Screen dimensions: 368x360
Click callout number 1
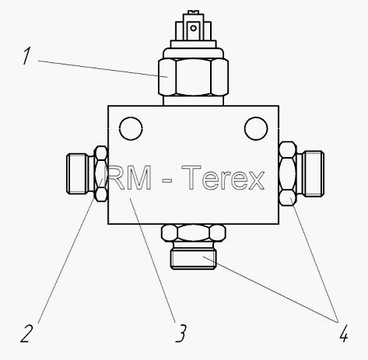[26, 55]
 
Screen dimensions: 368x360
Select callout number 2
[27, 333]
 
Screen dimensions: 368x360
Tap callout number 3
[181, 333]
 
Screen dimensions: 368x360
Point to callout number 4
[343, 334]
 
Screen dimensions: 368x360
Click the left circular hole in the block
[131, 128]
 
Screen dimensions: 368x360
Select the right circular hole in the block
[256, 128]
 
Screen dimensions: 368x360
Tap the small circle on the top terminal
[193, 28]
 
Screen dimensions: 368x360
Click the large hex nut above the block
[193, 77]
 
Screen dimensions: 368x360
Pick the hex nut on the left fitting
[101, 173]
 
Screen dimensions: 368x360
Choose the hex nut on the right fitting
[288, 173]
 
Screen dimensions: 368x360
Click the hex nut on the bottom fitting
[193, 233]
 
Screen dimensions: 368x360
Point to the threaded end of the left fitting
[77, 173]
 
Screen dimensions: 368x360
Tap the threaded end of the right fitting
[314, 173]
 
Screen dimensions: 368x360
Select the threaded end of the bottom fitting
[193, 258]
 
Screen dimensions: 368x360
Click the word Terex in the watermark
[223, 178]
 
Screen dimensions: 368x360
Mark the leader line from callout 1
[103, 68]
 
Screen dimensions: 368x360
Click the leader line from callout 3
[152, 260]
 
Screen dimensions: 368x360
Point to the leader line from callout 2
[70, 251]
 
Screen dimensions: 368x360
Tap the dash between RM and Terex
[166, 180]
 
